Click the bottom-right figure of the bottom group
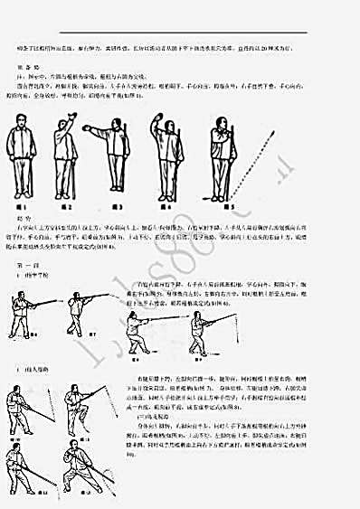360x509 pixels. [88, 462]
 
